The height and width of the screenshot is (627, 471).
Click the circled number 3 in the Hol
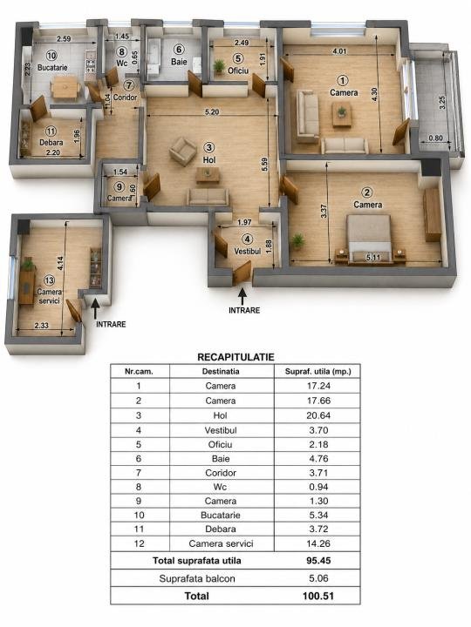click(208, 147)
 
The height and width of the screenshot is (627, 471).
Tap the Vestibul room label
click(247, 251)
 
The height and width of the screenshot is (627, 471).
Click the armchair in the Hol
click(182, 151)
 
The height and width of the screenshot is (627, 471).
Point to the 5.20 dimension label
click(212, 112)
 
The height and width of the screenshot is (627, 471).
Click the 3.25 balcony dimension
click(442, 103)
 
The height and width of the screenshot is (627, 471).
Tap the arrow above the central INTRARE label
click(242, 297)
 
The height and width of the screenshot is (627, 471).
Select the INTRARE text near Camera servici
click(111, 324)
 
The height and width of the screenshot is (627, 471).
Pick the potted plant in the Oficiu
click(219, 66)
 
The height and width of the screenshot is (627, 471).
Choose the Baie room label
click(179, 62)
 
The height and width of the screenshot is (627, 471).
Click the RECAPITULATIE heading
click(235, 357)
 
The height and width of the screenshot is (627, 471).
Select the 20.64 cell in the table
click(318, 415)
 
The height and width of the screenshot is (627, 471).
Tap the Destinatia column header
click(221, 372)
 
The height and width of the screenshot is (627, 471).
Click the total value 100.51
click(318, 596)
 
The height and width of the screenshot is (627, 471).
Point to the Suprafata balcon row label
click(197, 578)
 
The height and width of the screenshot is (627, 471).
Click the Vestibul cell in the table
click(221, 430)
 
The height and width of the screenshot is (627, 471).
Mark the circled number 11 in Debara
click(51, 131)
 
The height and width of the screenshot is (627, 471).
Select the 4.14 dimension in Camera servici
click(60, 263)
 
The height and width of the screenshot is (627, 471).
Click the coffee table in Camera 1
click(342, 114)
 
